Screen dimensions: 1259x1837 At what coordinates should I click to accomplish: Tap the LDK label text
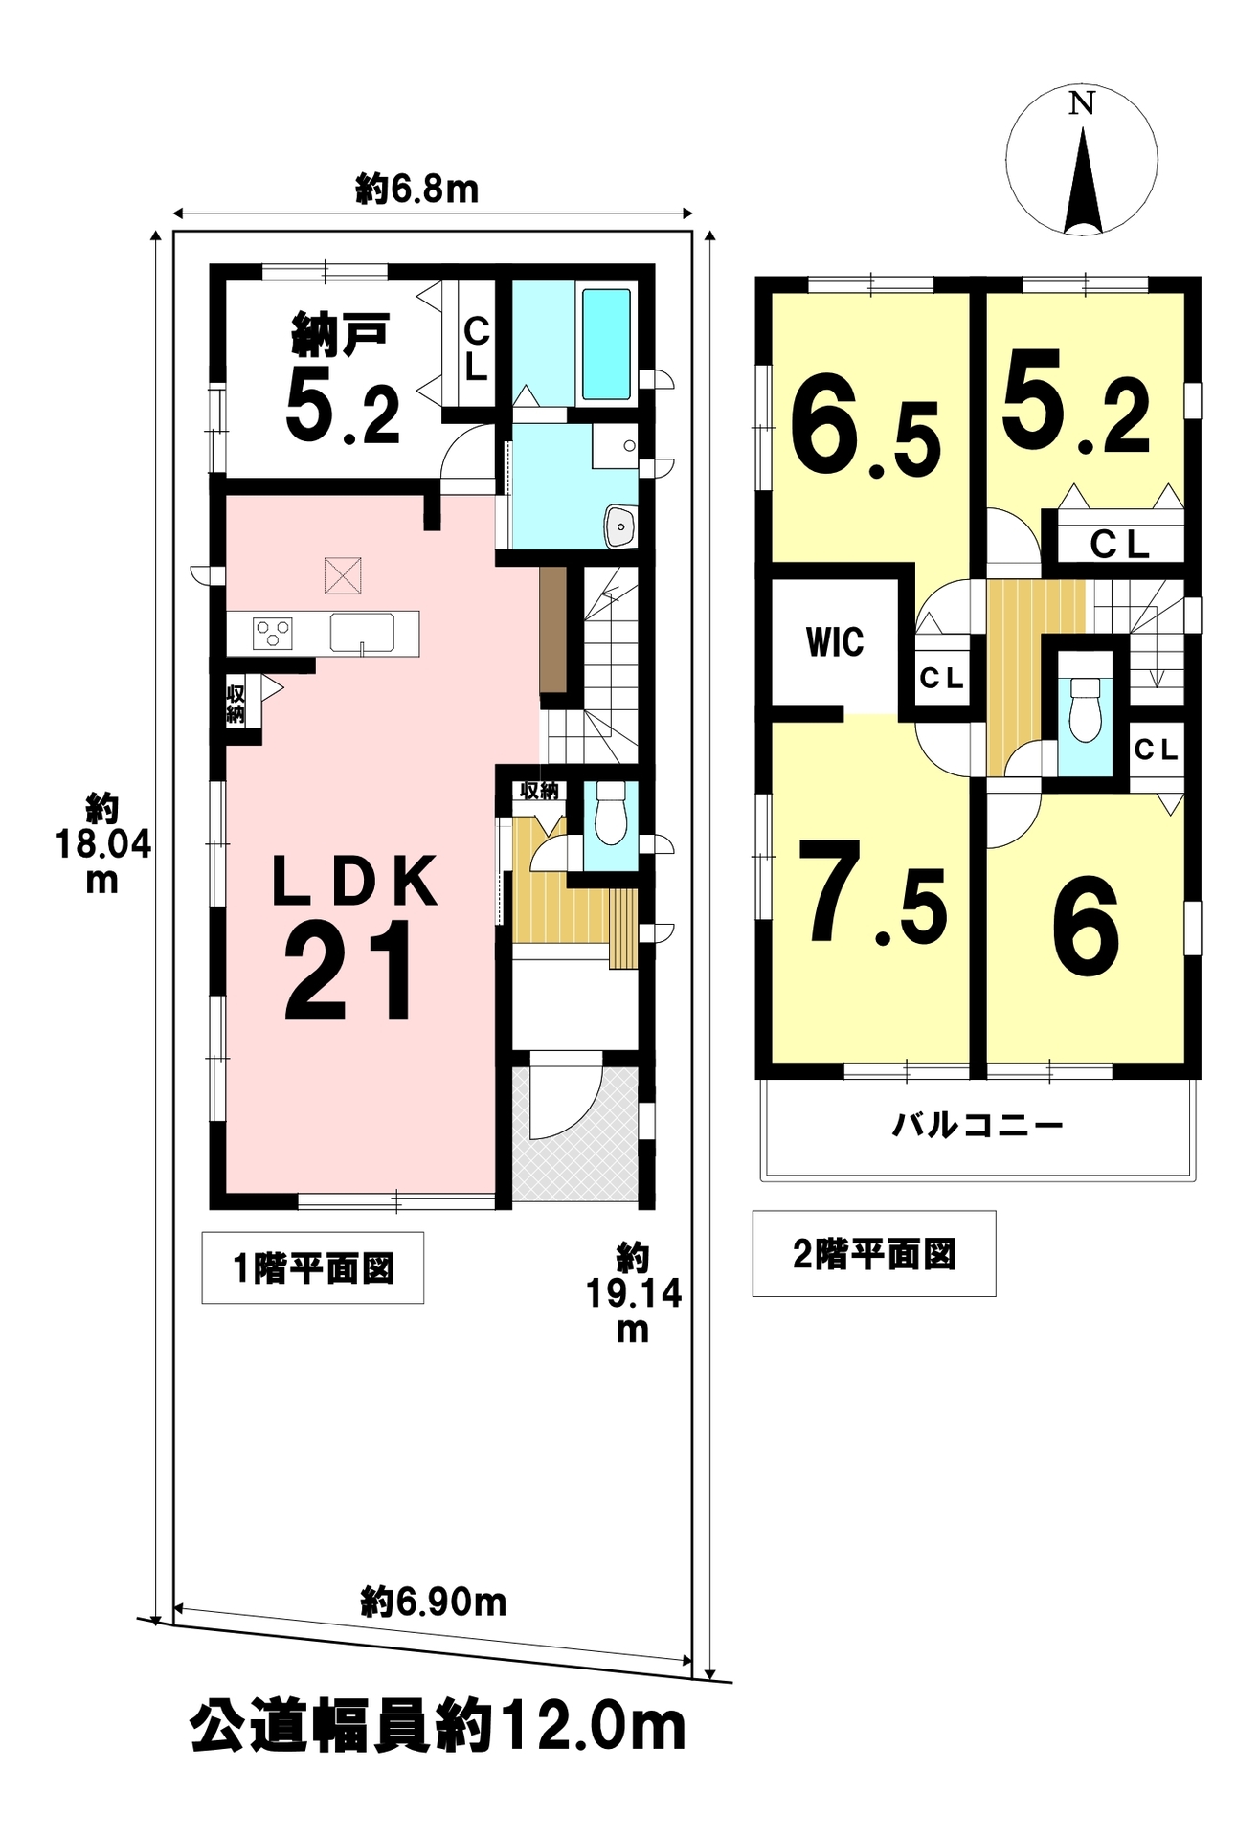pyautogui.click(x=355, y=881)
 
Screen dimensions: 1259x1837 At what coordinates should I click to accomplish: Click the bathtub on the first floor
pyautogui.click(x=606, y=344)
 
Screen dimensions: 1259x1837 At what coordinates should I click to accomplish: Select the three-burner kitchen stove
pyautogui.click(x=273, y=633)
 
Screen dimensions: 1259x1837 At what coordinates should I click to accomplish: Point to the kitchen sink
pyautogui.click(x=362, y=634)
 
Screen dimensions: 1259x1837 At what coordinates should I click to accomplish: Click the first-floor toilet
pyautogui.click(x=610, y=813)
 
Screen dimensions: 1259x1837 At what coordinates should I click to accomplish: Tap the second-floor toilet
pyautogui.click(x=1085, y=708)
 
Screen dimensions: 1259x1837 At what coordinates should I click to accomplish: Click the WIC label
pyautogui.click(x=835, y=641)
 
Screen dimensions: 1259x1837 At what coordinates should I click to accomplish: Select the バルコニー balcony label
pyautogui.click(x=978, y=1124)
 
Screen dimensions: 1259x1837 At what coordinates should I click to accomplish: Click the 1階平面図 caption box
pyautogui.click(x=313, y=1268)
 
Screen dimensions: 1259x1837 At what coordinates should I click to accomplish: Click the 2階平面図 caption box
pyautogui.click(x=874, y=1254)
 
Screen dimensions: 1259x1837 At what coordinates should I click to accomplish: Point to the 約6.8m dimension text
pyautogui.click(x=417, y=189)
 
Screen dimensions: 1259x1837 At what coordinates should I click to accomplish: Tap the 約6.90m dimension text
pyautogui.click(x=434, y=1602)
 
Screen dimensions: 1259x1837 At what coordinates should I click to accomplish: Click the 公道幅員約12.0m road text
pyautogui.click(x=438, y=1727)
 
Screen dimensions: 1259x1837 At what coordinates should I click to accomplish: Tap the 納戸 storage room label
pyautogui.click(x=340, y=334)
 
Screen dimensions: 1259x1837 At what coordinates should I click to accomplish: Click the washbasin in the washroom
pyautogui.click(x=620, y=526)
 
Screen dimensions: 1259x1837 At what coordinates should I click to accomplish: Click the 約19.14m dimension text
pyautogui.click(x=633, y=1292)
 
